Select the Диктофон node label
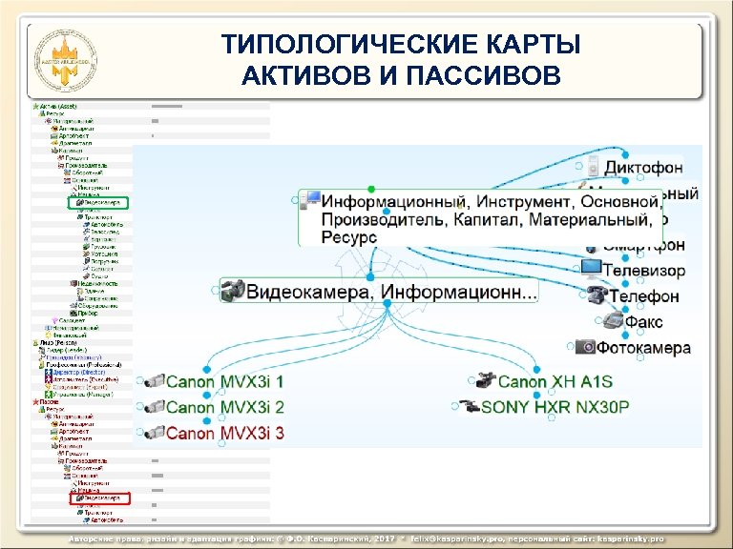(x=643, y=168)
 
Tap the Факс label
(x=643, y=322)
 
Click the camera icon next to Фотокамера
(x=585, y=348)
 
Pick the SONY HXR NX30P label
(x=555, y=407)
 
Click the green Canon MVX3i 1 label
(x=225, y=383)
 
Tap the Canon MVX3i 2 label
(x=225, y=408)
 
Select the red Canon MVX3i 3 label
(x=225, y=433)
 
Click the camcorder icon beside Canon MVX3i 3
(x=151, y=433)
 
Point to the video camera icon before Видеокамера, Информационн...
(x=232, y=292)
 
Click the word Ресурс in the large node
(x=348, y=238)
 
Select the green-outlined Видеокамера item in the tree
(x=101, y=203)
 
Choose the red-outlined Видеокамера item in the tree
(x=101, y=498)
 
